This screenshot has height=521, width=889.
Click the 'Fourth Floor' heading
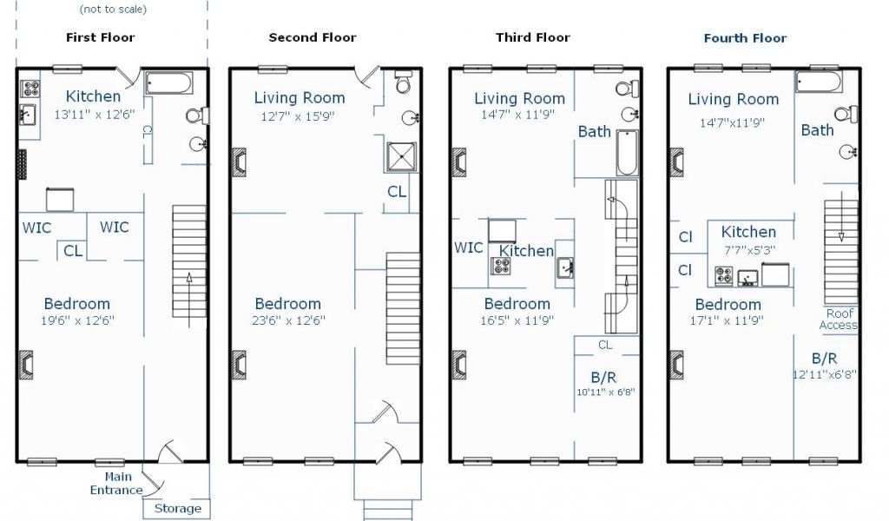745,38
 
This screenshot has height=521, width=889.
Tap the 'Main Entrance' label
117,483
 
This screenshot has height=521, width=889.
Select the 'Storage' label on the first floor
177,508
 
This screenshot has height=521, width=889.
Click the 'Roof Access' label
840,320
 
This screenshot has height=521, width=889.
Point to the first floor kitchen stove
30,89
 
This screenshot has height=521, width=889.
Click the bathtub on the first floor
169,82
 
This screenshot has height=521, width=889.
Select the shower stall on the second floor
401,157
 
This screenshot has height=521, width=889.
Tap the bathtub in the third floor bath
627,153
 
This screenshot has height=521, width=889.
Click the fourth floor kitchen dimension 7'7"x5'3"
749,249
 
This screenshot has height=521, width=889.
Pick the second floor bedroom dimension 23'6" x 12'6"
288,320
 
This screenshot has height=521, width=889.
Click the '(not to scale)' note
113,9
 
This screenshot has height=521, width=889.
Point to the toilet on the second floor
403,82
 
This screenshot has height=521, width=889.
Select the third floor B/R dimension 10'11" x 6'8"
605,392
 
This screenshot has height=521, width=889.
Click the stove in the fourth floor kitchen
723,275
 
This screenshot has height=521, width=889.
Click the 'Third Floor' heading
533,37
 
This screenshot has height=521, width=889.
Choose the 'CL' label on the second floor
397,192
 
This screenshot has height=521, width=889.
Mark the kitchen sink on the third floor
564,267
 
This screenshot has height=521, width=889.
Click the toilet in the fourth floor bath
846,114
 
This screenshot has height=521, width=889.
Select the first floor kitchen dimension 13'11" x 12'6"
95,114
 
